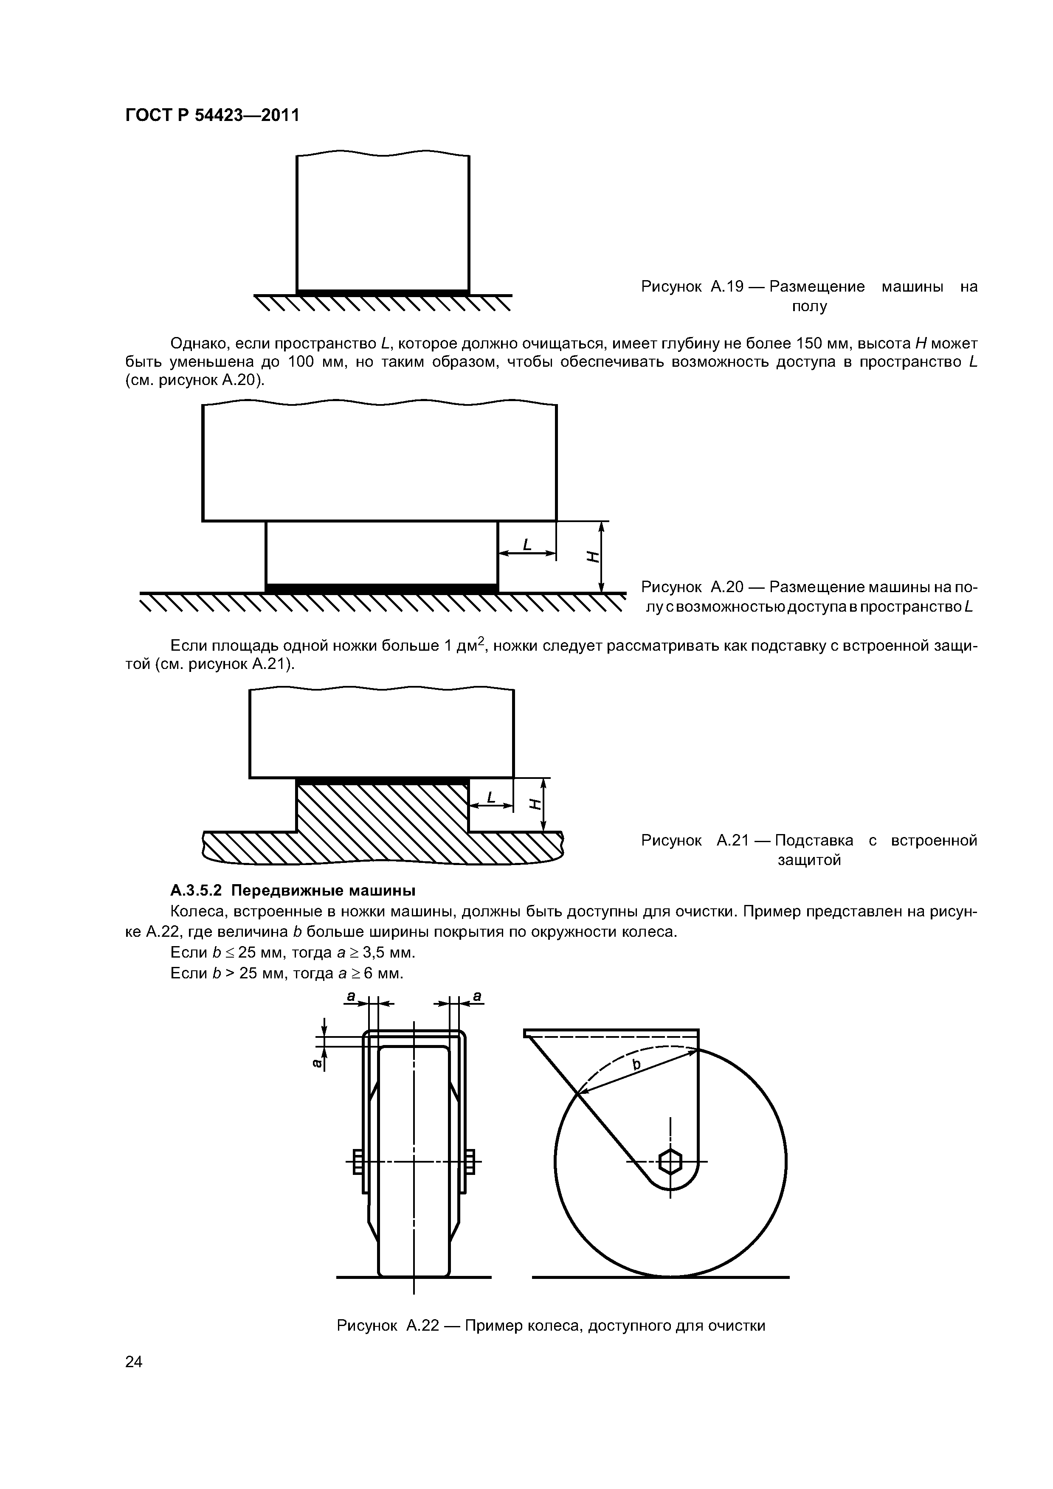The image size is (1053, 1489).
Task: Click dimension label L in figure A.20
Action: point(527,545)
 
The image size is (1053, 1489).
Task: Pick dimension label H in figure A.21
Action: point(535,804)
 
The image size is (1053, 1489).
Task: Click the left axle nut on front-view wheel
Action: point(357,1161)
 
